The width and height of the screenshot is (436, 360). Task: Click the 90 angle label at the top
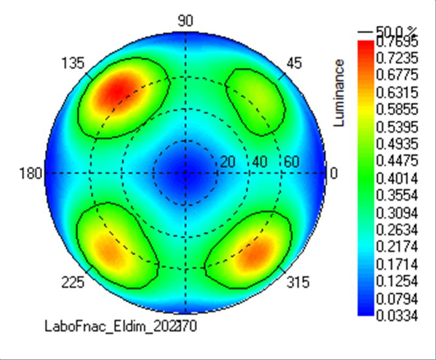(x=185, y=21)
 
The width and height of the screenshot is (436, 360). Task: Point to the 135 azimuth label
(x=73, y=64)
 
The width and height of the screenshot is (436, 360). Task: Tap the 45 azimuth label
(x=294, y=64)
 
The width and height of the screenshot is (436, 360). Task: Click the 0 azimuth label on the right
(x=335, y=174)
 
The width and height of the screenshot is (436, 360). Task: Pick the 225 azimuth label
(x=73, y=283)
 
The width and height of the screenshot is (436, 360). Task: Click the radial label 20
(x=228, y=162)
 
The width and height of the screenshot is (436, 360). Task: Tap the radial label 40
(x=260, y=162)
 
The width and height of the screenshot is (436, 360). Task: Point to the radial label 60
(x=291, y=162)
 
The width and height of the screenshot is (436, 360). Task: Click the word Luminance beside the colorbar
(x=339, y=93)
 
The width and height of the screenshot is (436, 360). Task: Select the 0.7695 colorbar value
(x=397, y=41)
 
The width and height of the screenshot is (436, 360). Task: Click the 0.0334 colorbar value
(x=397, y=316)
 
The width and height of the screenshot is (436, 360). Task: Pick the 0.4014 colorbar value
(x=397, y=178)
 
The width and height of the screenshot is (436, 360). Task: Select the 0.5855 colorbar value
(x=397, y=110)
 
